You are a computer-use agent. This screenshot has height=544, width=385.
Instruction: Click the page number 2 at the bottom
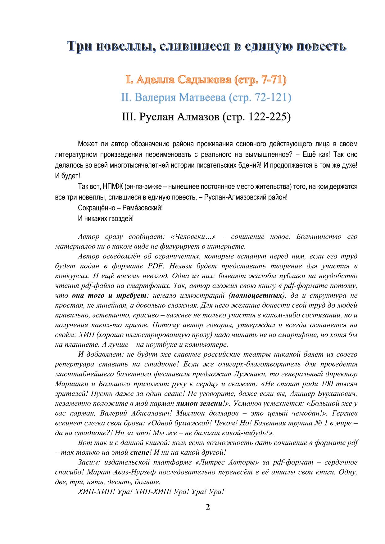tap(208, 507)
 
